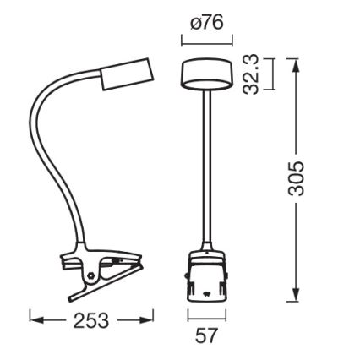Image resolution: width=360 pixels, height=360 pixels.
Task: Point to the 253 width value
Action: click(91, 321)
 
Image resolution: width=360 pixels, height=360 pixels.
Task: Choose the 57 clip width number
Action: click(206, 336)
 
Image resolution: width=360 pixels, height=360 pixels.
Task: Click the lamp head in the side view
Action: click(127, 75)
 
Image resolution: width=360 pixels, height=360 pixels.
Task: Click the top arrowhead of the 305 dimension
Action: click(295, 63)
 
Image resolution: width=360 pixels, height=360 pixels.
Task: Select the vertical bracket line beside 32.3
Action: click(270, 74)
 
